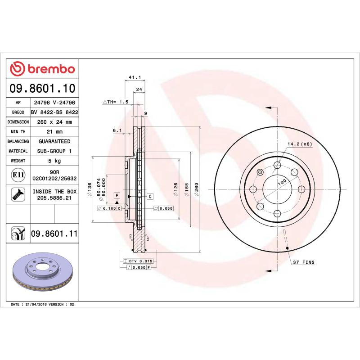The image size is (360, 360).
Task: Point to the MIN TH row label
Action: point(18,131)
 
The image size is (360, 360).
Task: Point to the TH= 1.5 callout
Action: point(116,102)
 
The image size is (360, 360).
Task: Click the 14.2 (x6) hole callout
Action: point(299,144)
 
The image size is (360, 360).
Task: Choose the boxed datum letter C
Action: point(149,196)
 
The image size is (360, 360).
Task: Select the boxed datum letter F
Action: point(117,195)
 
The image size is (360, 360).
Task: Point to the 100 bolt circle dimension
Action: point(282,182)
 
